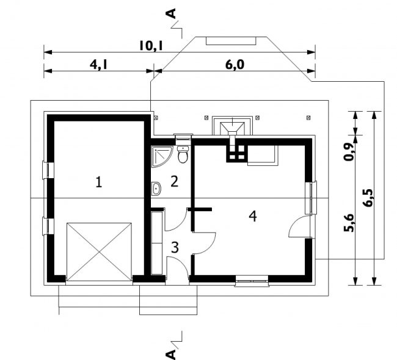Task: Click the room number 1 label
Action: tap(99, 182)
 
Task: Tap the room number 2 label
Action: tap(174, 181)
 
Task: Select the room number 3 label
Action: tap(175, 247)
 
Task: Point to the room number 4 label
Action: tap(253, 216)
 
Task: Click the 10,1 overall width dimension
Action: tap(151, 46)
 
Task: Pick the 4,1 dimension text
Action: tap(98, 65)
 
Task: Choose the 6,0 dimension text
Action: tap(235, 65)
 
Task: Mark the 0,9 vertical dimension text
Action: tap(348, 152)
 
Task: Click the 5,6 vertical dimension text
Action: tap(348, 223)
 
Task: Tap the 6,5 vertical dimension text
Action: tap(368, 198)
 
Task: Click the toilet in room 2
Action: tap(183, 154)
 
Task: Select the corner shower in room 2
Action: tap(162, 157)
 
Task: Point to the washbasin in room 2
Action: tap(156, 189)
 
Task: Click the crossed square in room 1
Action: tap(99, 252)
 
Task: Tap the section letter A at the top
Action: tap(172, 13)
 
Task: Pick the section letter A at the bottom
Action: tap(172, 355)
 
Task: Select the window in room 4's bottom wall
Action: tap(252, 281)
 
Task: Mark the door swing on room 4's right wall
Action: tap(299, 226)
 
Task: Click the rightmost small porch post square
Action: tap(308, 118)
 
